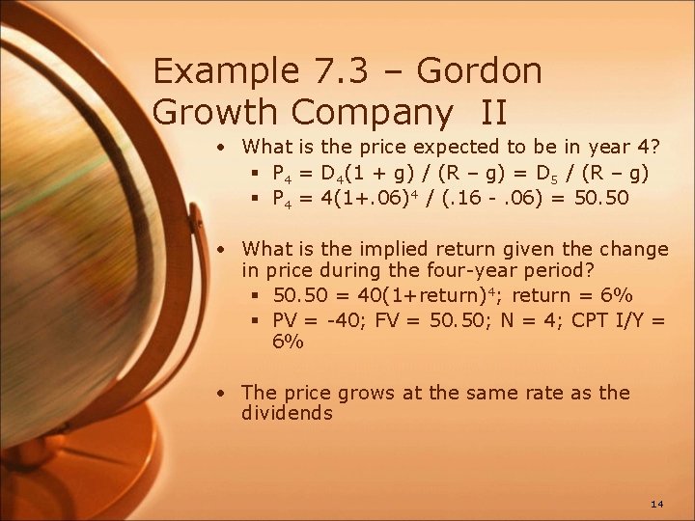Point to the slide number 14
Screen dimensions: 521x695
tap(657, 505)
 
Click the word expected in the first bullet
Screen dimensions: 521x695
tap(452, 148)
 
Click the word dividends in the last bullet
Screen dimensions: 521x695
tap(287, 414)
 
